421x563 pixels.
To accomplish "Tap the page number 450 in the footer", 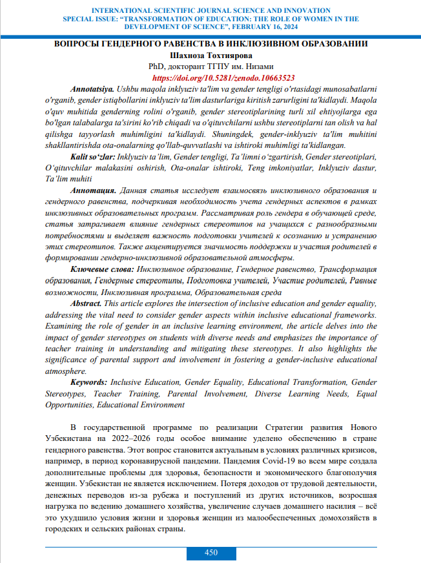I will pos(211,553).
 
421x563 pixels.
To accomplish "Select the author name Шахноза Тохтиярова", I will pos(211,55).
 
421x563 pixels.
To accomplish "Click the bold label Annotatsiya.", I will pos(91,87).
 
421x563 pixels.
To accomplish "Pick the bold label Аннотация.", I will pos(94,191).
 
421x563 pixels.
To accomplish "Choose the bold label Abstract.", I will pos(85,303).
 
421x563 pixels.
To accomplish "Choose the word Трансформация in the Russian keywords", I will pos(346,269).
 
